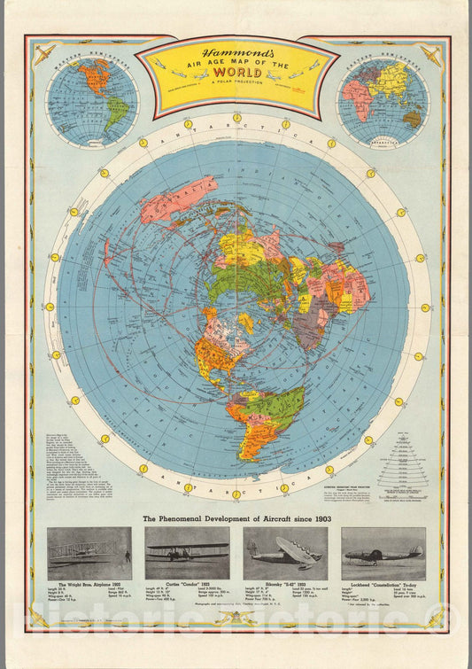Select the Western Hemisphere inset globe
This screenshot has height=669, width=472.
[x=92, y=100]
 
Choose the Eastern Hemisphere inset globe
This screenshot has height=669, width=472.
[x=383, y=101]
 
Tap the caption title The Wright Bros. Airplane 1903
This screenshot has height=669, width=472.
[x=89, y=586]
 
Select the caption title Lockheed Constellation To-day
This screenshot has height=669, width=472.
[x=383, y=586]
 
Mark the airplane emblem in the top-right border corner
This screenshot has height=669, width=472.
[x=431, y=53]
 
